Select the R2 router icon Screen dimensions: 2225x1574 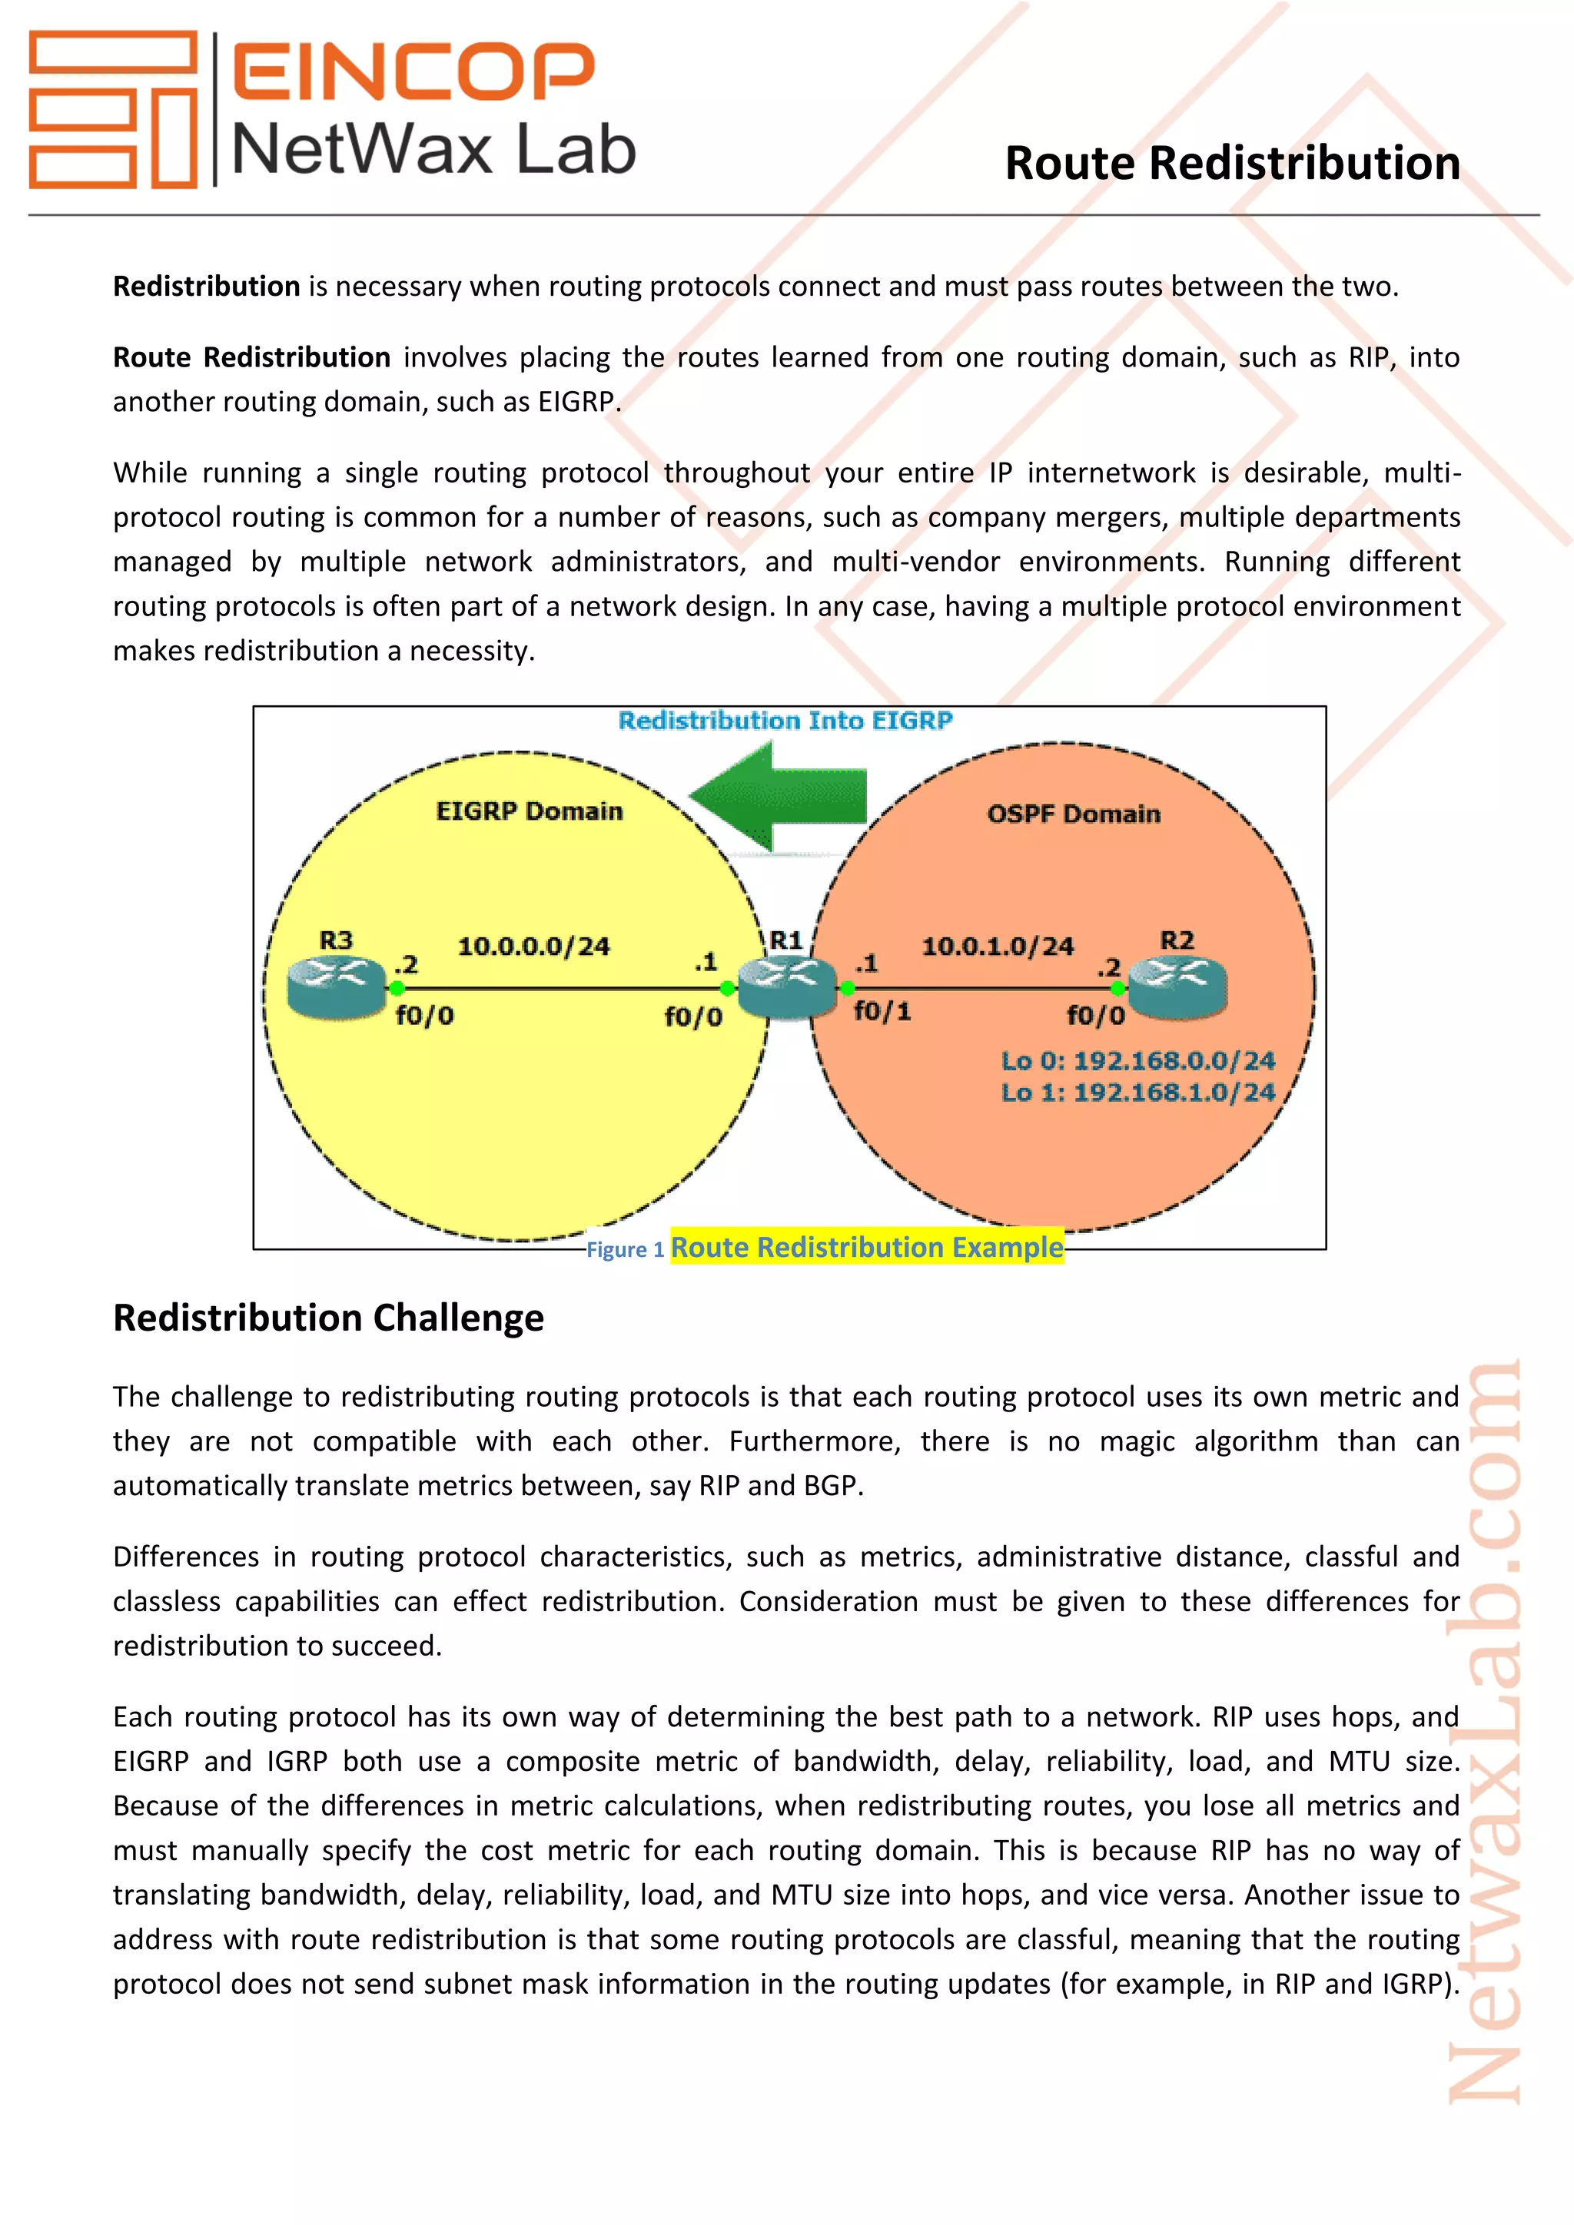coord(1177,986)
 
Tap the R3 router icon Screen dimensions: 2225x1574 coord(337,986)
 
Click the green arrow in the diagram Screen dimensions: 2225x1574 coord(779,797)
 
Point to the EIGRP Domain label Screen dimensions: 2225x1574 coord(530,811)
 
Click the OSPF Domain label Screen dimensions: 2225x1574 coord(1073,814)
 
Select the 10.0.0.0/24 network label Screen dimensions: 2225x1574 coord(533,946)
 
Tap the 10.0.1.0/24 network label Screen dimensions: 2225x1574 coord(998,946)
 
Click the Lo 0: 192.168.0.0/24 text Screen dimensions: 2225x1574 coord(1138,1061)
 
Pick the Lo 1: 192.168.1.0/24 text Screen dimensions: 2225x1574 coord(1138,1093)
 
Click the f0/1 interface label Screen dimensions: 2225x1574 coord(882,1012)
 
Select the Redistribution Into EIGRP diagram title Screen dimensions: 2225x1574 coord(785,721)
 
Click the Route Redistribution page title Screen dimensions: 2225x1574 coord(1232,163)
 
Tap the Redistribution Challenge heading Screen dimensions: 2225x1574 coord(329,1318)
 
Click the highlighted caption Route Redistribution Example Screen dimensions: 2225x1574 coord(866,1247)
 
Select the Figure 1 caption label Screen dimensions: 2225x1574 coord(625,1250)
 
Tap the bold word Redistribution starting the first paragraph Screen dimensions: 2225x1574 coord(207,287)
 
